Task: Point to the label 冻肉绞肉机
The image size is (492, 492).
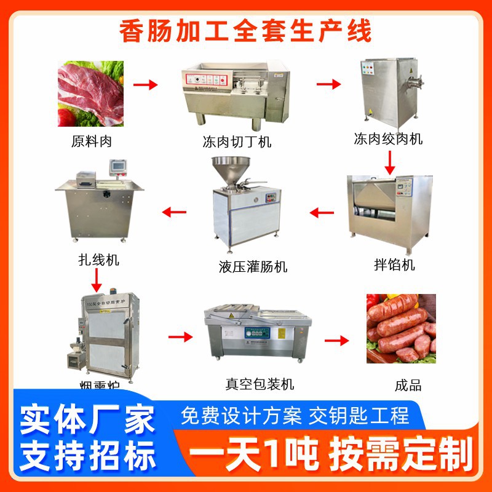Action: pyautogui.click(x=388, y=139)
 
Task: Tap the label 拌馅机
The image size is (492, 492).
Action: pyautogui.click(x=394, y=265)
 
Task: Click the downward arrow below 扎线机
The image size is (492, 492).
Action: pyautogui.click(x=96, y=280)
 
